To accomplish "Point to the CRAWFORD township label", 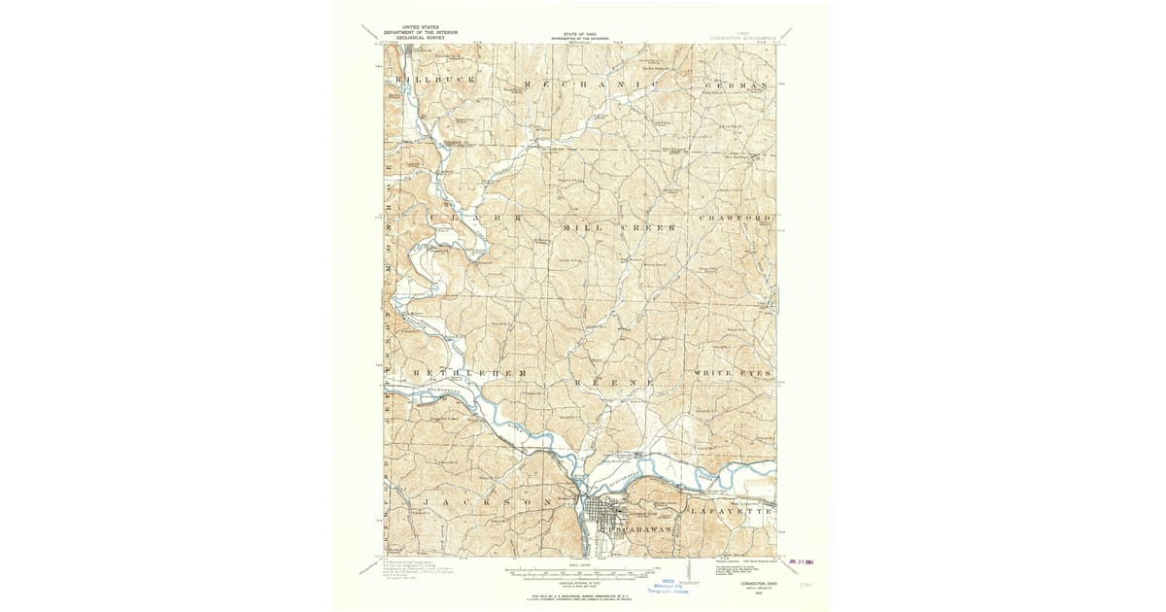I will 737,218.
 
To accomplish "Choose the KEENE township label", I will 615,383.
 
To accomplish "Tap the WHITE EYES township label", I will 734,373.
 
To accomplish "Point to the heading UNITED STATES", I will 411,28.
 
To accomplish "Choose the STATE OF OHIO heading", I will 579,32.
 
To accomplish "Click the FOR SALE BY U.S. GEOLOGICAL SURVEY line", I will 581,592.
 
